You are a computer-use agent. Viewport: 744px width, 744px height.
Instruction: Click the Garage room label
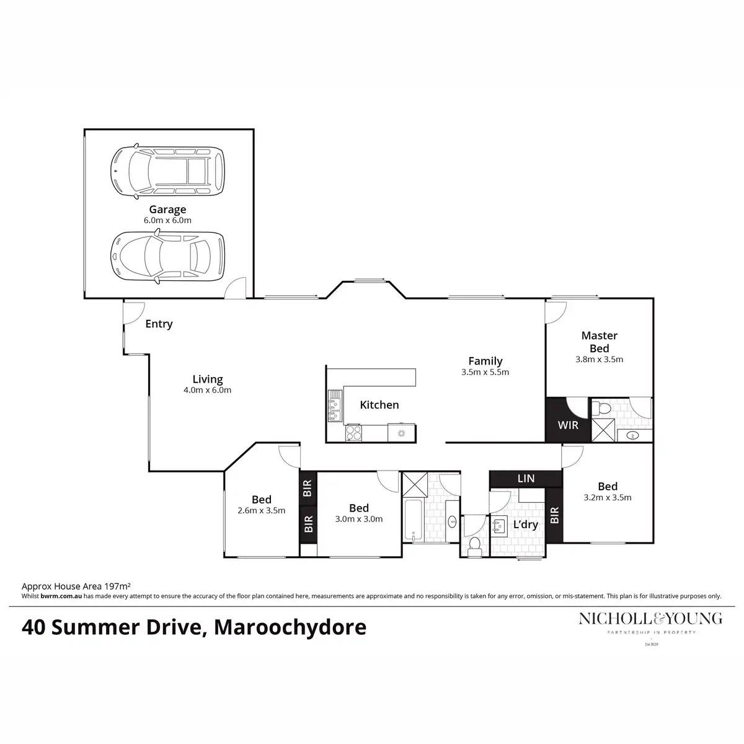point(167,210)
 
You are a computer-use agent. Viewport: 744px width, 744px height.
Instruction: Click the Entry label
point(159,324)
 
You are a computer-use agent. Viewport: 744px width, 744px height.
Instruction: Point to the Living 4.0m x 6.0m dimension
point(207,391)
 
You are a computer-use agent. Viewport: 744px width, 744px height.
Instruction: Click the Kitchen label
point(379,405)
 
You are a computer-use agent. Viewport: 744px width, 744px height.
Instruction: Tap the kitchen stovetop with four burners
point(353,432)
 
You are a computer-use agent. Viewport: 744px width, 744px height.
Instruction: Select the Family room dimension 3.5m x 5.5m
point(485,373)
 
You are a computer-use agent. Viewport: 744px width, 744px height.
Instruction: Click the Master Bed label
point(599,342)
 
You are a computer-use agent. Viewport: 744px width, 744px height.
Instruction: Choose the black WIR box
point(568,426)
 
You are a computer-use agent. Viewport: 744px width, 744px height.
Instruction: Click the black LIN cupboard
point(526,479)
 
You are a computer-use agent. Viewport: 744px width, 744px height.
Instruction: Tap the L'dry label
point(525,525)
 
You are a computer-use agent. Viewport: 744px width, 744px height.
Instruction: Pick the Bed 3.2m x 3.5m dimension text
point(608,497)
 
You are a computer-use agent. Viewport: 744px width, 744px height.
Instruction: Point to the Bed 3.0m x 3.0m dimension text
point(358,519)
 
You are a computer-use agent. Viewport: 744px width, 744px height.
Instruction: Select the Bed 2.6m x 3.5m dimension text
point(261,511)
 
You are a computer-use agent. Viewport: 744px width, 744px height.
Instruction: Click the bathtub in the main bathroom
point(412,520)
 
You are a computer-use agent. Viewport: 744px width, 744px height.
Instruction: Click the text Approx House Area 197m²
point(76,585)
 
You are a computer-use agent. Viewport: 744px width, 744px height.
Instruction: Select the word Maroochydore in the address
point(290,627)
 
